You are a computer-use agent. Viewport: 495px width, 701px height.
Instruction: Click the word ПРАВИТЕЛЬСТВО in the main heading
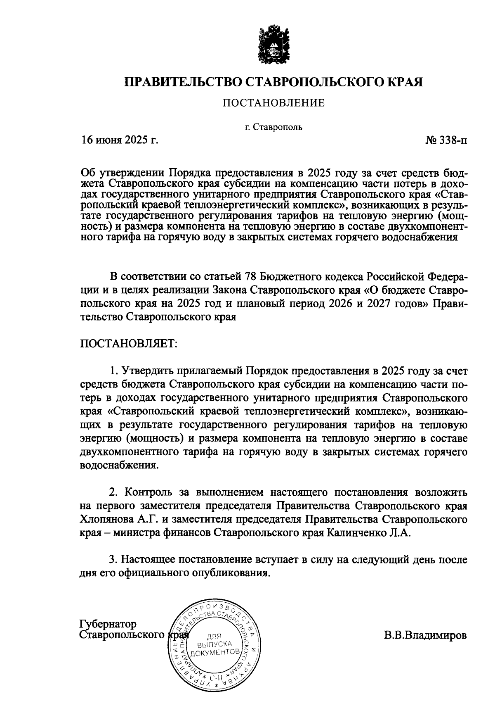coord(184,81)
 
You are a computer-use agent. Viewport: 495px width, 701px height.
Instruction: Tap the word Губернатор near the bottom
coord(108,623)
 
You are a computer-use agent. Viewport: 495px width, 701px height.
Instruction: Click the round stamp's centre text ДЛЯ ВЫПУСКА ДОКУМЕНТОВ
coord(214,645)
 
